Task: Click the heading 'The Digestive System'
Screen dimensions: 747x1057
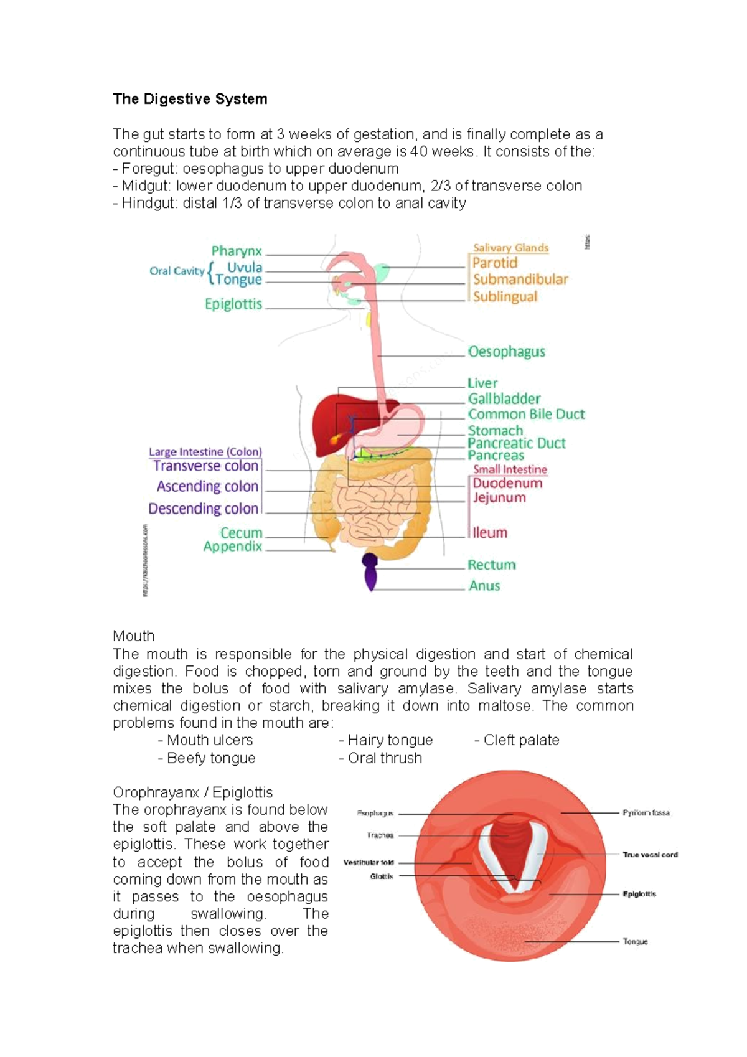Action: pos(190,99)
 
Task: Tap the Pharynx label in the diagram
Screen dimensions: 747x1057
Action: pos(237,251)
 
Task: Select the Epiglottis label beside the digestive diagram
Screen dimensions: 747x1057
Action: pos(233,304)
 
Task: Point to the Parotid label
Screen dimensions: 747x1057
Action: pos(495,263)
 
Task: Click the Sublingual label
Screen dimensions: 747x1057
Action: pos(505,297)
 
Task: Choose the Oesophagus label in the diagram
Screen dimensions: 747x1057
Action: pos(506,352)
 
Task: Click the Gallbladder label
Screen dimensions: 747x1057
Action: pos(504,398)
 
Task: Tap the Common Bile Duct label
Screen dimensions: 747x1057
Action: pos(526,414)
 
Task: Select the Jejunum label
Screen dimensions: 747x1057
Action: pos(499,497)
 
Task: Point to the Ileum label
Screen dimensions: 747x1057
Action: pos(490,533)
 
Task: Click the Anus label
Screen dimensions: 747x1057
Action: pos(484,586)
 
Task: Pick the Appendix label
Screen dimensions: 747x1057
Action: pos(233,547)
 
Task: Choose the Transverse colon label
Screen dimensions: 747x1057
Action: pos(205,466)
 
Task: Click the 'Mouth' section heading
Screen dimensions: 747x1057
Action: pos(133,636)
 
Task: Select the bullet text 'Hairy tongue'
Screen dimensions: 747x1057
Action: pos(390,740)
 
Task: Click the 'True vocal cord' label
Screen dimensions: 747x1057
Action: pos(650,855)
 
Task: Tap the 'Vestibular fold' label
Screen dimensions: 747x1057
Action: pos(369,863)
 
